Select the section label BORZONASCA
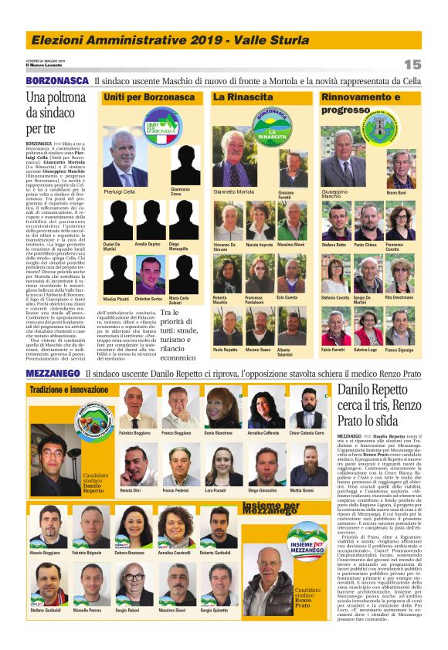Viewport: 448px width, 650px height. (x=56, y=81)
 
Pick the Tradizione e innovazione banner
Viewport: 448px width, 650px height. (x=70, y=390)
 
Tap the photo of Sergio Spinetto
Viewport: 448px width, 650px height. (x=223, y=587)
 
